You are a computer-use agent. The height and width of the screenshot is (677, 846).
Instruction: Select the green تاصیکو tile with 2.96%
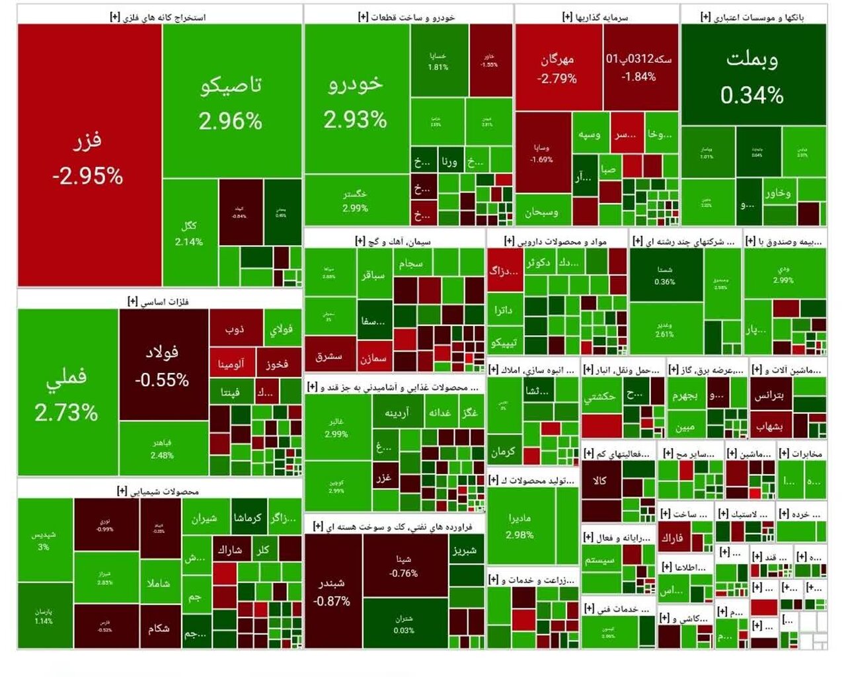click(x=231, y=101)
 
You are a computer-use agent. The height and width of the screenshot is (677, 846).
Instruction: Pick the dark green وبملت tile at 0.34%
click(x=753, y=75)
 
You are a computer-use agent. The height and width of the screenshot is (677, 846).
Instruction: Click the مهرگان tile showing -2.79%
click(x=558, y=67)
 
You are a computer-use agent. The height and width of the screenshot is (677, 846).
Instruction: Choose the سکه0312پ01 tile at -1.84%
click(x=640, y=67)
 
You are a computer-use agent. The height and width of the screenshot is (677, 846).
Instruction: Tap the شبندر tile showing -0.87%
click(x=332, y=591)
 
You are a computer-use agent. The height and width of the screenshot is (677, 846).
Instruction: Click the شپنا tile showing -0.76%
click(x=404, y=566)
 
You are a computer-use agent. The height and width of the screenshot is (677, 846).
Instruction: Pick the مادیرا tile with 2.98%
click(x=519, y=526)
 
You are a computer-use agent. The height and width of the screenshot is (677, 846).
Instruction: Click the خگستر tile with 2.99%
click(x=356, y=200)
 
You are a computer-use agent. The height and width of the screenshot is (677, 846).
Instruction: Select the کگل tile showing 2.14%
click(x=189, y=233)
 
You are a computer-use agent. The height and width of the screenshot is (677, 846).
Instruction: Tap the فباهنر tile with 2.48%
click(x=163, y=449)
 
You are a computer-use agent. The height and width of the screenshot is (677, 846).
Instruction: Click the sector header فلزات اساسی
click(x=159, y=301)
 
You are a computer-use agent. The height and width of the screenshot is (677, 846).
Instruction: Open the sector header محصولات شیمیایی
click(x=159, y=491)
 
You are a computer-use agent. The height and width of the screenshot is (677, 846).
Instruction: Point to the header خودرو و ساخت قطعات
click(x=407, y=17)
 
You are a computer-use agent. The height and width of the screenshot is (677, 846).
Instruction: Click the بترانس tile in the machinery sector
click(x=769, y=395)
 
